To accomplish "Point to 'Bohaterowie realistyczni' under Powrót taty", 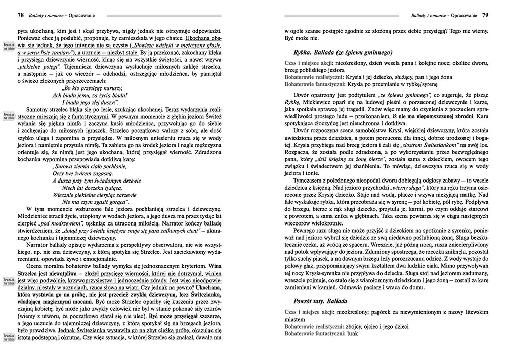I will click(313, 326).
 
